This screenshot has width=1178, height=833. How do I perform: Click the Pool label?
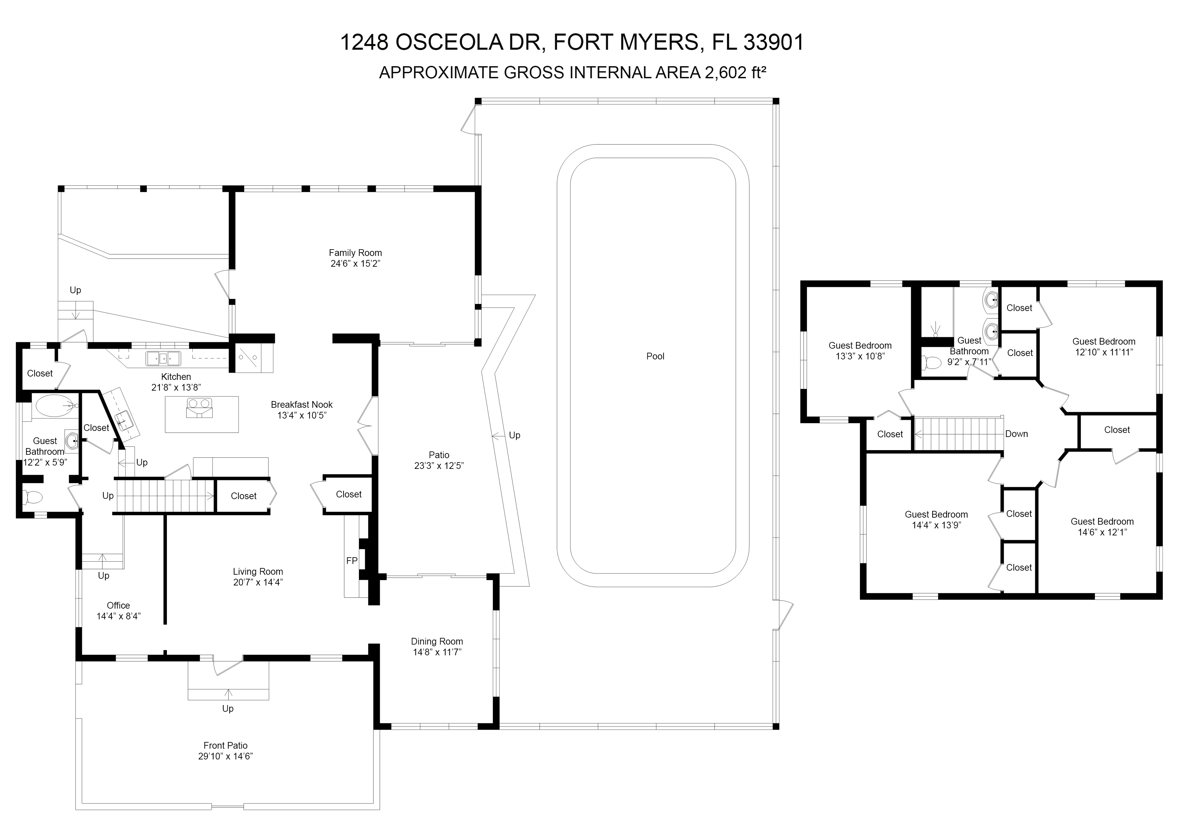coord(655,356)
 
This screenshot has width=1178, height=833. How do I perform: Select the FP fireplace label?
coord(352,561)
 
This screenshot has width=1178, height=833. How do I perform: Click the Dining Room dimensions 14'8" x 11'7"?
coord(437,652)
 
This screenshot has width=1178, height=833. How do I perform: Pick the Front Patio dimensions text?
coord(226,756)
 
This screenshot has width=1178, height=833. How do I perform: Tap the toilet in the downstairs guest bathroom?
coord(32,497)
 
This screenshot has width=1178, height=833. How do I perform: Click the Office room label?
coord(119,606)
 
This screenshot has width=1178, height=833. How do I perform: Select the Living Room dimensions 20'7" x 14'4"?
coord(258,582)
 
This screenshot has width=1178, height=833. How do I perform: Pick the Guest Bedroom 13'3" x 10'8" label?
coord(860,351)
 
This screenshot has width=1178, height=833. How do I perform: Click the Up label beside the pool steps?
coord(514,435)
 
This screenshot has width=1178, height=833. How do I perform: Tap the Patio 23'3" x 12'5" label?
coord(439,461)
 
